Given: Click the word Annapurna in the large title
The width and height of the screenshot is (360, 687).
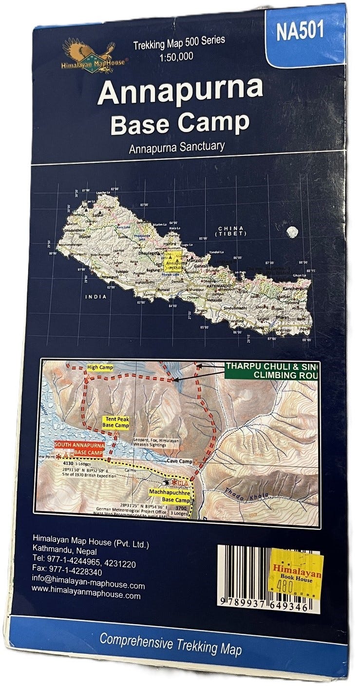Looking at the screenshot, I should [x=180, y=91].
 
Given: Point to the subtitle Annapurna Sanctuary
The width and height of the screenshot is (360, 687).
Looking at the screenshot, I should [x=177, y=146].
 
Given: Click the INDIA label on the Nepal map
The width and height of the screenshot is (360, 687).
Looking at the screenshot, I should [x=95, y=297].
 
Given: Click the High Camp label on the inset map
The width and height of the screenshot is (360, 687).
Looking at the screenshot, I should [x=99, y=367].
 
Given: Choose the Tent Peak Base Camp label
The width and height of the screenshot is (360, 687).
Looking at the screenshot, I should [x=115, y=422].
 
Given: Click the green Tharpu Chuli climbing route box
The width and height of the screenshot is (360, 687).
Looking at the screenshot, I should [x=271, y=371].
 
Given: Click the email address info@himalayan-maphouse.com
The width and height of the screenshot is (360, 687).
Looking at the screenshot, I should [x=88, y=585].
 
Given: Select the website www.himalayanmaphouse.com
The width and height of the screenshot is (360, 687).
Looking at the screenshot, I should [x=86, y=595].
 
